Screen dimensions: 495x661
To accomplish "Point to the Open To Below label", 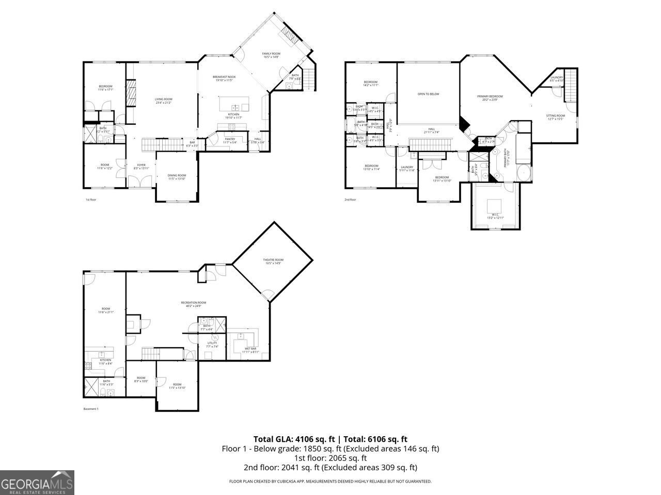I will (x=428, y=94).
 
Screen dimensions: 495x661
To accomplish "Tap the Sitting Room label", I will (x=556, y=116).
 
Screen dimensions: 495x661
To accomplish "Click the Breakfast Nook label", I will (x=224, y=77).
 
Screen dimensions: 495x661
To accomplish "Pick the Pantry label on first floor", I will (x=230, y=139).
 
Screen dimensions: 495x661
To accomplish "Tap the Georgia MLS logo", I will (x=37, y=483).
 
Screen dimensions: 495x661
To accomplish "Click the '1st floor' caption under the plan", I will (x=91, y=200).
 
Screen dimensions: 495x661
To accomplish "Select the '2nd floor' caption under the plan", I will (x=350, y=200).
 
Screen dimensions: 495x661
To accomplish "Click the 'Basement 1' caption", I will (x=91, y=409).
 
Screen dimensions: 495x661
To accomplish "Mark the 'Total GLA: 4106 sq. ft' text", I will (x=293, y=439).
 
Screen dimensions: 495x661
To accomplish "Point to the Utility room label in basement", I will (x=212, y=344).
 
